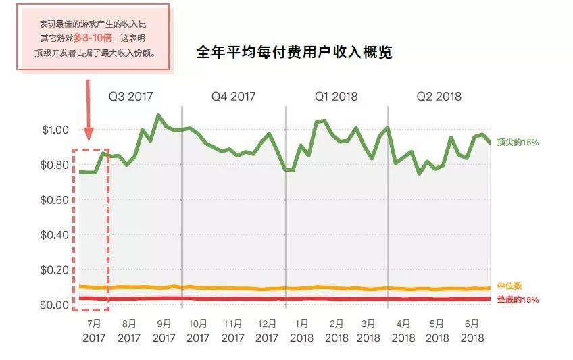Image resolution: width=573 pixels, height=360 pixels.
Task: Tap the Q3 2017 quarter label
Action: (131, 96)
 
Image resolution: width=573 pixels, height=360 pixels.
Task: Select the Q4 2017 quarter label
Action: (233, 96)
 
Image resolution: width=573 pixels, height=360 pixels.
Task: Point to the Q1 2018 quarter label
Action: (336, 96)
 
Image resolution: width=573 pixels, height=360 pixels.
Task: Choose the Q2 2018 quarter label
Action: (439, 96)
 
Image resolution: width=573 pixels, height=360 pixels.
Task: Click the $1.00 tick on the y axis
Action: (55, 130)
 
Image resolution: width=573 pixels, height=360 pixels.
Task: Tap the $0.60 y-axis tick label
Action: (55, 200)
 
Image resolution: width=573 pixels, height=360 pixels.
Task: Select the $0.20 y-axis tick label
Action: (55, 270)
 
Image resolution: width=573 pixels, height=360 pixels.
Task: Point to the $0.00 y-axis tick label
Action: (55, 305)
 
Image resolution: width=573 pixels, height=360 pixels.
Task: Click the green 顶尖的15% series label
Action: (518, 143)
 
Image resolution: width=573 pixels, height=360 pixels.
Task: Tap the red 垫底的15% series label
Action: (518, 300)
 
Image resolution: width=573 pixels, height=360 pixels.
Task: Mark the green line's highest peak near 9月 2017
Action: (158, 115)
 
